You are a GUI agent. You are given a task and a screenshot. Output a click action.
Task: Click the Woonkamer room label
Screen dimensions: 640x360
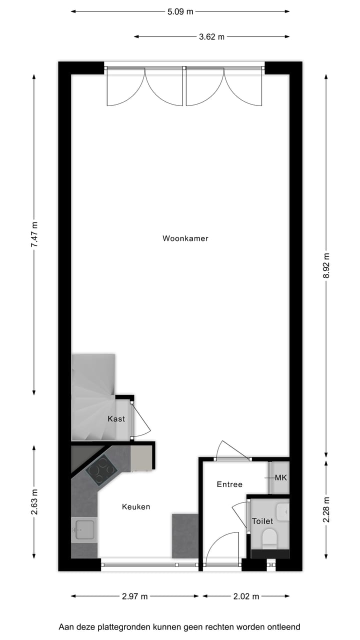click(x=185, y=238)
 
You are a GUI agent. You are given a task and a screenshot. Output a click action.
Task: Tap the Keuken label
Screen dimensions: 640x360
click(x=136, y=506)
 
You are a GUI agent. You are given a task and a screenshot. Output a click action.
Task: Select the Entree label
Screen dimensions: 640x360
click(x=229, y=484)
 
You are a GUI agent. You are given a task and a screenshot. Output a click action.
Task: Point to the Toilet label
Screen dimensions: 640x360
click(x=262, y=521)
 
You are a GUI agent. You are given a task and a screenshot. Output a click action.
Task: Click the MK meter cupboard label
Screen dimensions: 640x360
click(x=281, y=477)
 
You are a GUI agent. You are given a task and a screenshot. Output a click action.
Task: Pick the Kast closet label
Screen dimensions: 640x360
click(x=116, y=419)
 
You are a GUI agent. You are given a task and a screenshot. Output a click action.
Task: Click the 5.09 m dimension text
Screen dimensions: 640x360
click(x=180, y=11)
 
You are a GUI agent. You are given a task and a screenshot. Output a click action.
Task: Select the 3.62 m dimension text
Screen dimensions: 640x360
click(x=212, y=36)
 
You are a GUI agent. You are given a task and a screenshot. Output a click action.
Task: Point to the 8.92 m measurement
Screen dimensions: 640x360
click(x=326, y=267)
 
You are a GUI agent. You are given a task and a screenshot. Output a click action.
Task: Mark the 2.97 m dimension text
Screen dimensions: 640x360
click(x=135, y=596)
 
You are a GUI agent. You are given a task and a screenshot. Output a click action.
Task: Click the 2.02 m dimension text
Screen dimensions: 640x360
click(x=246, y=596)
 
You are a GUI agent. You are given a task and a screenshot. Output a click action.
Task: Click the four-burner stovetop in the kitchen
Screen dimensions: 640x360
click(x=102, y=471)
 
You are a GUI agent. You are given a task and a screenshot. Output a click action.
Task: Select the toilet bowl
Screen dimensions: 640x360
click(x=270, y=538)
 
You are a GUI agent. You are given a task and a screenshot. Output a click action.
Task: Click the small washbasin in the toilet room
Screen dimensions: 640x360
click(x=283, y=511)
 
